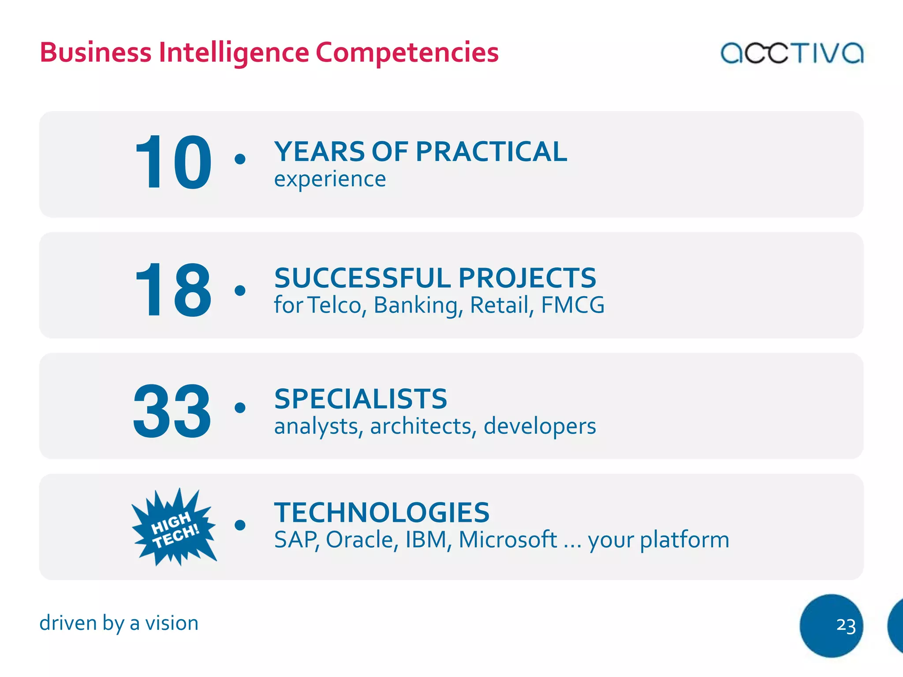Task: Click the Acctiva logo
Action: click(x=791, y=53)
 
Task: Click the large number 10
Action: click(x=173, y=163)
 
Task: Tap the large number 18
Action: click(x=173, y=289)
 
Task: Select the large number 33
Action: click(x=172, y=411)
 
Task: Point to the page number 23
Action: click(x=845, y=625)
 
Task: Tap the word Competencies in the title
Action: click(x=407, y=52)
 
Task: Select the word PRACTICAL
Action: click(x=491, y=152)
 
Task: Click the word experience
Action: click(x=330, y=179)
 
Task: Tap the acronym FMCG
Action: click(x=572, y=305)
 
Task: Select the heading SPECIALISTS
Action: click(x=361, y=399)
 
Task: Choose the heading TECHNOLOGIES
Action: click(x=382, y=512)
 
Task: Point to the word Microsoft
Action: click(x=507, y=539)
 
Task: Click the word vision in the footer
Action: click(x=172, y=623)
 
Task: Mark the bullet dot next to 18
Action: click(x=240, y=290)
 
